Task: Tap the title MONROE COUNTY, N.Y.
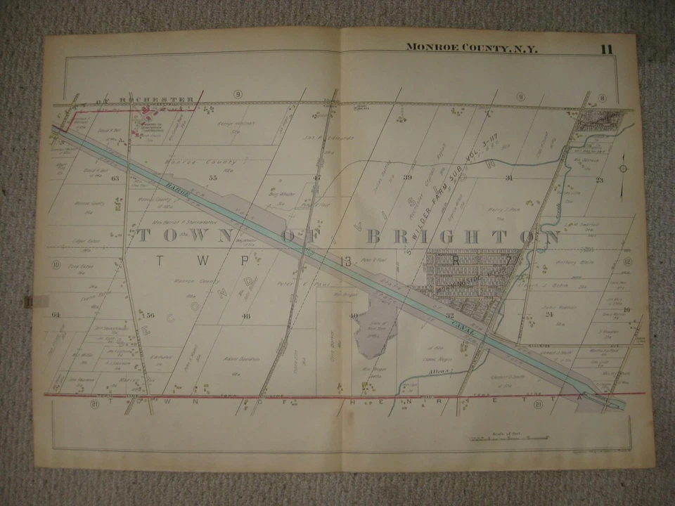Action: (x=470, y=48)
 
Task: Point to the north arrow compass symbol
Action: (x=624, y=169)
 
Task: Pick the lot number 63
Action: (x=114, y=179)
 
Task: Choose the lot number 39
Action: (x=407, y=178)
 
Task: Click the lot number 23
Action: (x=600, y=180)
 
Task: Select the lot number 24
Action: (x=549, y=314)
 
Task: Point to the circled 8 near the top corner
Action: (x=603, y=98)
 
